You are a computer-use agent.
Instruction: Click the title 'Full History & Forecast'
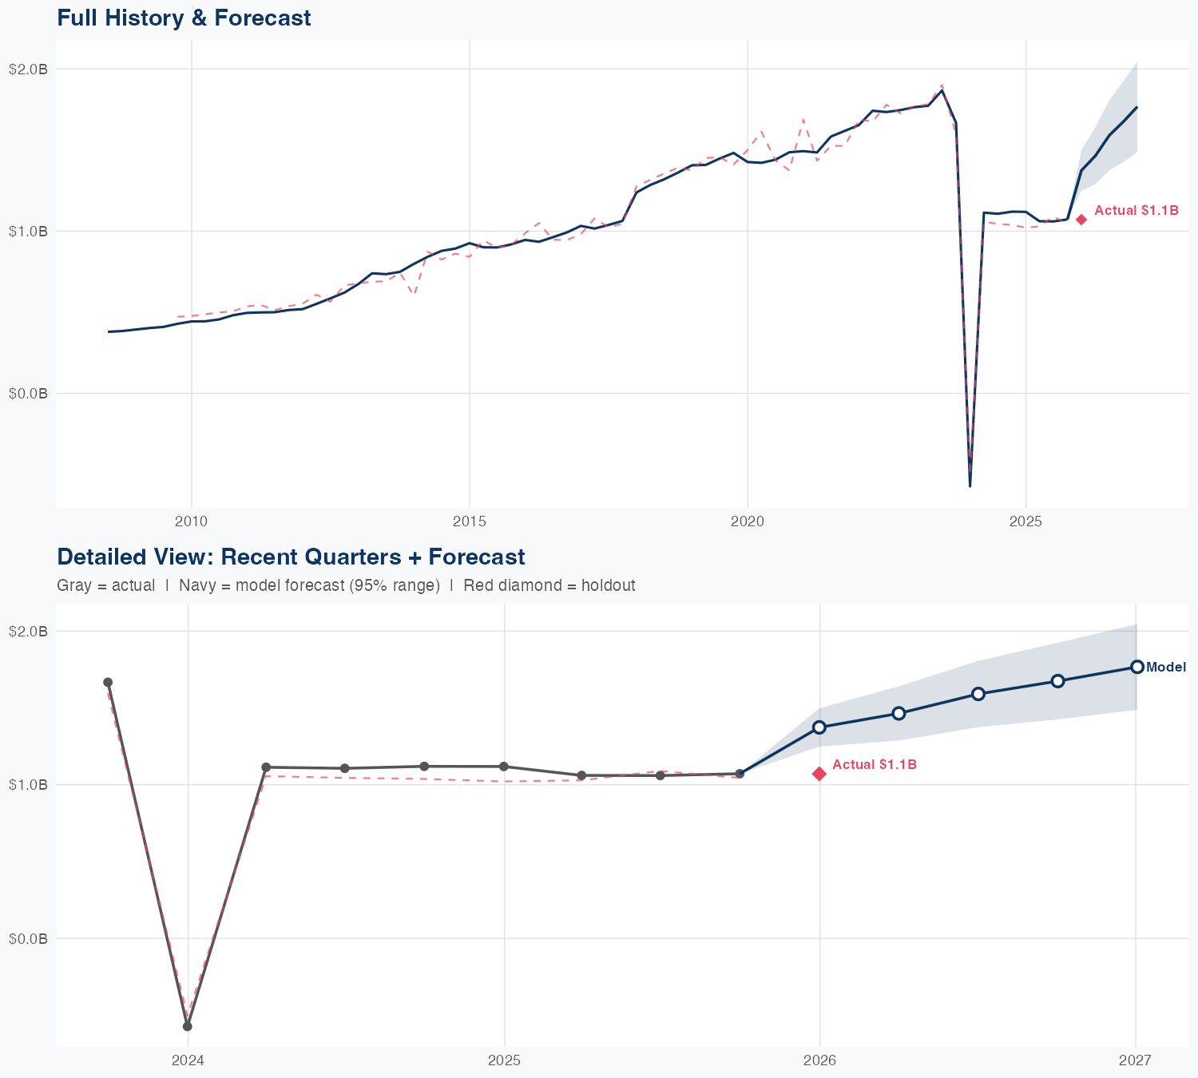(184, 18)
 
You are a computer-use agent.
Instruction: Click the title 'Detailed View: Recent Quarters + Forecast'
(291, 557)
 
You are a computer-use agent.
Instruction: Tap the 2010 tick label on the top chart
(191, 521)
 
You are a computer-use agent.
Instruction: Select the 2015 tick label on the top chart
(469, 521)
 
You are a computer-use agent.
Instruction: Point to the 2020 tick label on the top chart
(748, 521)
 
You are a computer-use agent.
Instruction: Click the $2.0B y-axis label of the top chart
(28, 69)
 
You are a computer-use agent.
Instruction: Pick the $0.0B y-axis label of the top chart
(28, 393)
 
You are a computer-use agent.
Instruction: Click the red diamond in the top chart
(1081, 220)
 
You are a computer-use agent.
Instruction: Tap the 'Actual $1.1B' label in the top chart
(1136, 210)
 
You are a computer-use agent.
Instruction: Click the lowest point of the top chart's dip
(970, 485)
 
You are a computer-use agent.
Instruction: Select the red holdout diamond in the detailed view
(819, 774)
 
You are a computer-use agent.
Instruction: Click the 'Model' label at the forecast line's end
(1166, 668)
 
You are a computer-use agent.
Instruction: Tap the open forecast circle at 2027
(1137, 667)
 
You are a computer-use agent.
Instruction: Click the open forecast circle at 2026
(819, 727)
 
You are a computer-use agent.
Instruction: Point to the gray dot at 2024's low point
(188, 1026)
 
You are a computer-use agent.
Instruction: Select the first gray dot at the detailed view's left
(108, 682)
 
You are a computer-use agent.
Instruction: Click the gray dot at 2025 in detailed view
(503, 767)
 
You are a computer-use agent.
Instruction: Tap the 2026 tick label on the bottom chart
(819, 1060)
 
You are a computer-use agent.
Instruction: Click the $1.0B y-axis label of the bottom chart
(28, 785)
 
